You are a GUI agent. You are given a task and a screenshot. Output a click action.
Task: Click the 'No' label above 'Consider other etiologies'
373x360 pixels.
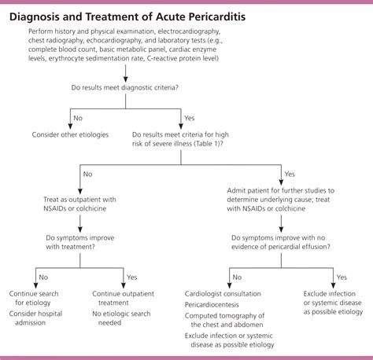(x=78, y=118)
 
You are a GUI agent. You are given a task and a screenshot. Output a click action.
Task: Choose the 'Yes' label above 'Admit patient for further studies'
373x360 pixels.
(x=289, y=174)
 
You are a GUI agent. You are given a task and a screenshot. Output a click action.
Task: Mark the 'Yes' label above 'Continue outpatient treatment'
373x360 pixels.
(x=131, y=277)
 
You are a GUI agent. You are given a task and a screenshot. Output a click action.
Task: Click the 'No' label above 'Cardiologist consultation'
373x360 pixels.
(x=235, y=277)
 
